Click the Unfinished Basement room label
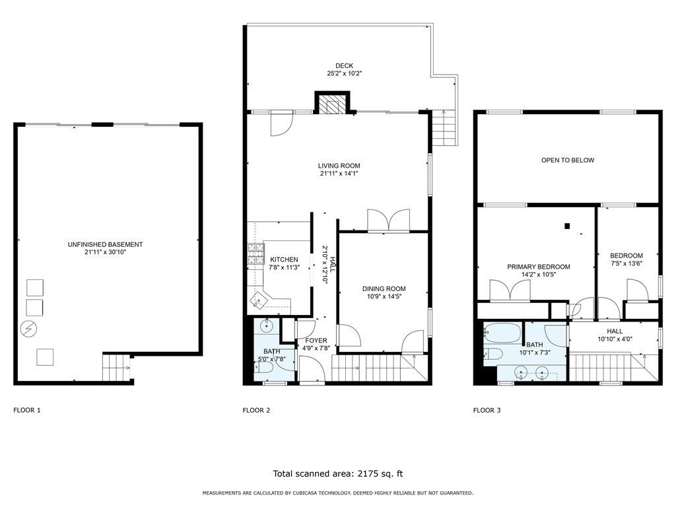point(105,244)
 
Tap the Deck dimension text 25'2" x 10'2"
point(344,74)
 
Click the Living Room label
point(339,166)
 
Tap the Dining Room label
point(384,288)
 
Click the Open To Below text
point(568,160)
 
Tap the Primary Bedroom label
point(538,267)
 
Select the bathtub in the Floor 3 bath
point(502,333)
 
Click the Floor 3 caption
point(487,411)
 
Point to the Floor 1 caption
point(27,411)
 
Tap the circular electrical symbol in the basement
point(30,328)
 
